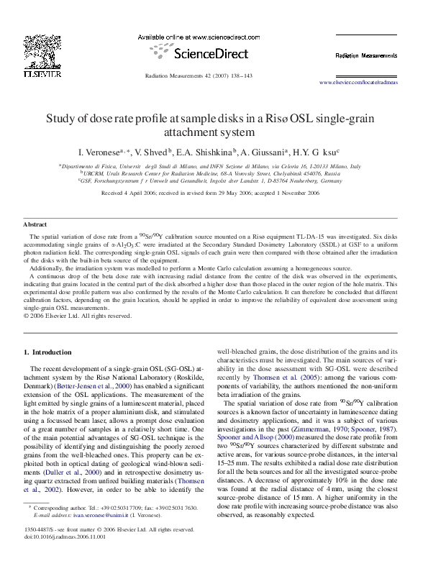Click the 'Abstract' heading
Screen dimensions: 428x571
35,226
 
